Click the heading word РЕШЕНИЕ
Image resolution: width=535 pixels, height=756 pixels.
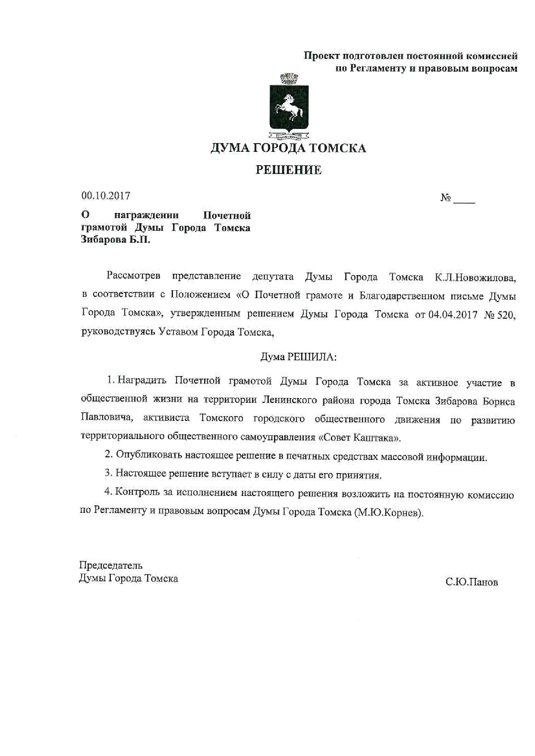pos(288,170)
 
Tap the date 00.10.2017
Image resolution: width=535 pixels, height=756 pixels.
pos(106,196)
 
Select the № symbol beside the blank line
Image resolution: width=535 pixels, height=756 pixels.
pos(446,198)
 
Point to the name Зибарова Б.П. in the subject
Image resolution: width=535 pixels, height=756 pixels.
pos(116,240)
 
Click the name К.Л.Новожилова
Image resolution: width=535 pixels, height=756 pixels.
pos(475,277)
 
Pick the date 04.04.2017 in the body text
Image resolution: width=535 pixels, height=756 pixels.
pos(453,315)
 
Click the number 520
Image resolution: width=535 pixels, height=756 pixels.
pos(506,315)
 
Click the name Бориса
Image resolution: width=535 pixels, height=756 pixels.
pos(499,401)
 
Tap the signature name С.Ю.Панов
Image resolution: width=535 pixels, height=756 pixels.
pos(472,582)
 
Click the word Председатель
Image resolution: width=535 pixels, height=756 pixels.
pos(110,565)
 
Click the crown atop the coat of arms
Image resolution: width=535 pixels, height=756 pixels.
pos(289,78)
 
